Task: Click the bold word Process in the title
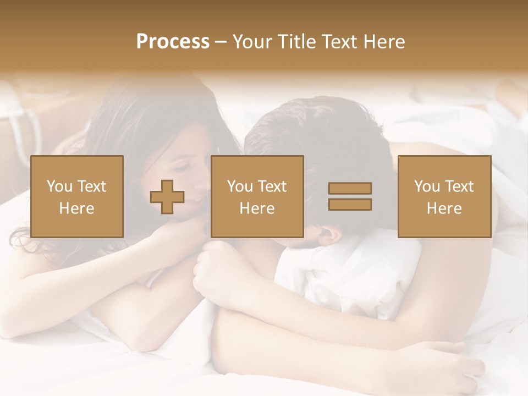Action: click(x=173, y=42)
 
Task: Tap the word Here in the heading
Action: click(x=383, y=42)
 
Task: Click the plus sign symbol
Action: click(x=167, y=196)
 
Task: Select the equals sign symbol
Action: click(x=350, y=196)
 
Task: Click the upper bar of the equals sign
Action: click(x=350, y=188)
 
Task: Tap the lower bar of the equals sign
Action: click(x=350, y=205)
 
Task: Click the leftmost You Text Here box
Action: click(x=77, y=196)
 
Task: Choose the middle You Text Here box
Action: click(x=257, y=196)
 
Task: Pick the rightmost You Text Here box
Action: click(x=444, y=196)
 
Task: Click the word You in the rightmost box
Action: click(x=427, y=186)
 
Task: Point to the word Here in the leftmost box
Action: click(x=77, y=208)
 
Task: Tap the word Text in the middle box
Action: click(x=273, y=186)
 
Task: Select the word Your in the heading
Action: click(x=252, y=42)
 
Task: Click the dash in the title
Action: click(x=221, y=42)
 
